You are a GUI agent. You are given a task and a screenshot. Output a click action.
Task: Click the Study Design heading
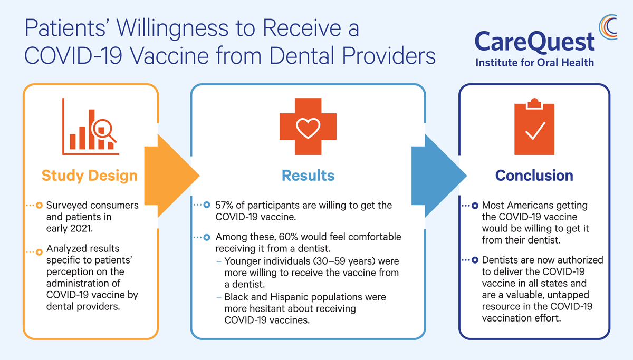tap(90, 176)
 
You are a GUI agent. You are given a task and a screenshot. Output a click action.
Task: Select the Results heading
tap(308, 176)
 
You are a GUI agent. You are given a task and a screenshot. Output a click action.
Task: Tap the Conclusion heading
tap(534, 176)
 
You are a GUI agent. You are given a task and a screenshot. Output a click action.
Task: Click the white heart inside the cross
tap(308, 128)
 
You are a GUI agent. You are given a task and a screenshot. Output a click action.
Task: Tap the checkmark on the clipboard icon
tap(535, 131)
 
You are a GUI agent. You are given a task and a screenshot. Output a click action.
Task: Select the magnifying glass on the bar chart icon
tap(103, 130)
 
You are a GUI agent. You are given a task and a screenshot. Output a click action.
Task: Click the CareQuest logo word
tap(535, 42)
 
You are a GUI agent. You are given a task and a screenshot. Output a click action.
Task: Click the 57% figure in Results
tap(224, 205)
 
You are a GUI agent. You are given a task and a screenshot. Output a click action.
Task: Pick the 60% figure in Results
tap(288, 237)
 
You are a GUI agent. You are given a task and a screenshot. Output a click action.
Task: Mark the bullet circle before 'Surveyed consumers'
tap(39, 205)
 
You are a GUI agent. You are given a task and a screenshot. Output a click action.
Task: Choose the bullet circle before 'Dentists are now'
tap(475, 260)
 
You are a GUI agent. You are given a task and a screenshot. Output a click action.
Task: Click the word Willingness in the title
tap(172, 29)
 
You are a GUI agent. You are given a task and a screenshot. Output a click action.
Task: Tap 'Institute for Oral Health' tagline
tap(535, 62)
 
